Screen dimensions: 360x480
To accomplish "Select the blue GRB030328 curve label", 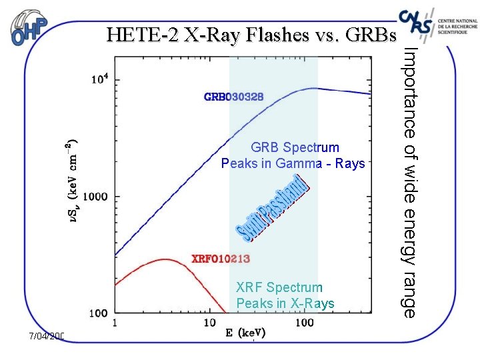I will coord(233,97).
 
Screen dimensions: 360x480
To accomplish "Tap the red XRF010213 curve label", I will coord(222,258).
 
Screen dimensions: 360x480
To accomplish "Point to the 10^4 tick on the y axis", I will coord(99,79).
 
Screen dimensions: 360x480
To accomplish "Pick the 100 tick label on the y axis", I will coord(99,312).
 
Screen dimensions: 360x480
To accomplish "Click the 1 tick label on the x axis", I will coord(115,323).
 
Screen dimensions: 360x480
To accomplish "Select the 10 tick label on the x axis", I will coord(209,323).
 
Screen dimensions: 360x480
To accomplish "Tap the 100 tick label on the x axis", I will coord(304,323).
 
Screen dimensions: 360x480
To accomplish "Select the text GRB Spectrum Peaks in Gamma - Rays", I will coord(293,155).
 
